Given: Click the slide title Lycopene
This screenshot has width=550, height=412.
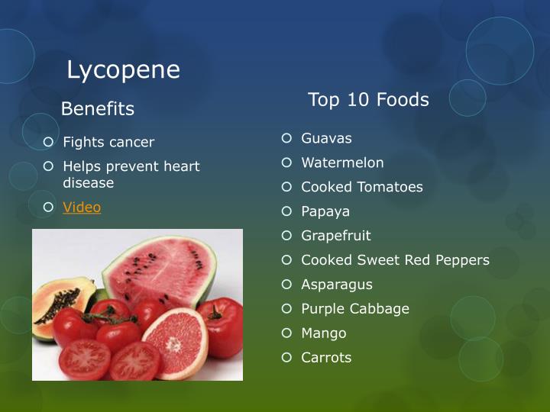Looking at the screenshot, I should pyautogui.click(x=123, y=70).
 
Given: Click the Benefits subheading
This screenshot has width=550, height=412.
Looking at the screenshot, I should pyautogui.click(x=97, y=109).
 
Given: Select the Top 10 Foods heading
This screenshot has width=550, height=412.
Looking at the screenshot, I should pyautogui.click(x=368, y=100).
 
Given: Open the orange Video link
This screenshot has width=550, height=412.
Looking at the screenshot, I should pyautogui.click(x=82, y=208).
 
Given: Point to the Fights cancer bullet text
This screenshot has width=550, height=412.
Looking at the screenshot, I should pyautogui.click(x=108, y=142).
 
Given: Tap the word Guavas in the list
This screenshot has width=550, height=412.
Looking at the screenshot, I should pyautogui.click(x=326, y=138).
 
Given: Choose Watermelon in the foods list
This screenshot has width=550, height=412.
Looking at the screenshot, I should pyautogui.click(x=342, y=163).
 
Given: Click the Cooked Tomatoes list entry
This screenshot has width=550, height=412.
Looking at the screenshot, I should pyautogui.click(x=361, y=187).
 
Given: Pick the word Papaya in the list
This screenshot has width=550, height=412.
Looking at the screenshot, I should pyautogui.click(x=325, y=211).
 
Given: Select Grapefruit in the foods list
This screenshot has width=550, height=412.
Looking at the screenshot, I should pyautogui.click(x=335, y=236).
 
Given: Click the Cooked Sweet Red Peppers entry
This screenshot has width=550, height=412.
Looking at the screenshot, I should pyautogui.click(x=395, y=260).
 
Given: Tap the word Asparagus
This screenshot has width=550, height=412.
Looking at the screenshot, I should pyautogui.click(x=337, y=285).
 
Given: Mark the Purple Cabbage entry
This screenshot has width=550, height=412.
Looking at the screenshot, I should pyautogui.click(x=355, y=309).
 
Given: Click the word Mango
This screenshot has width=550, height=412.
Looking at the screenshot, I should pyautogui.click(x=323, y=333).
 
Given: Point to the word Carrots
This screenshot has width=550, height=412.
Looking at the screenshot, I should pyautogui.click(x=326, y=358).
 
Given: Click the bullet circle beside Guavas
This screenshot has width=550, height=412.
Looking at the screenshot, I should pyautogui.click(x=286, y=138).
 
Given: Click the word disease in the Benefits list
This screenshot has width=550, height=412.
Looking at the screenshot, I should pyautogui.click(x=88, y=183).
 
